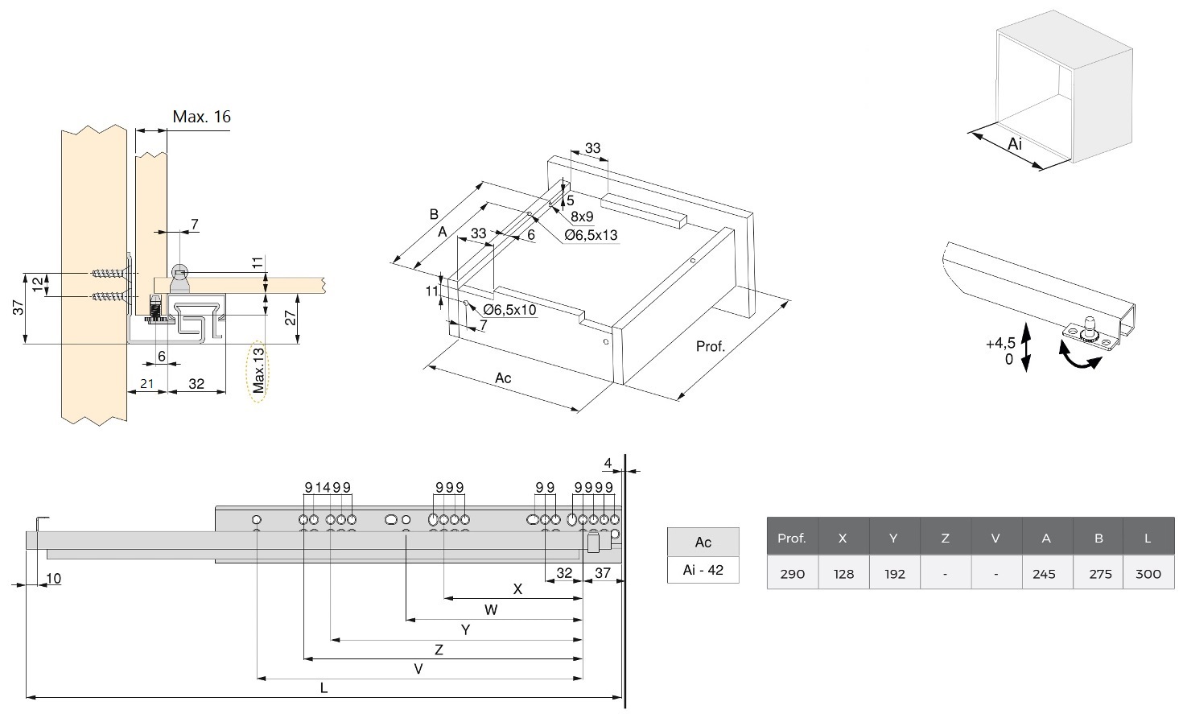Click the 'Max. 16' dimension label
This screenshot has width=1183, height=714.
point(201,118)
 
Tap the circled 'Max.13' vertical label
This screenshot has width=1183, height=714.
point(258,370)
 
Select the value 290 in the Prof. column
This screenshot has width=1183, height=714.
point(792,574)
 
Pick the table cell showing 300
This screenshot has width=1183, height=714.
point(1148,574)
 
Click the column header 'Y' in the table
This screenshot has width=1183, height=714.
point(893,538)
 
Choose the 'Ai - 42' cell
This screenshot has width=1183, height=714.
point(703,570)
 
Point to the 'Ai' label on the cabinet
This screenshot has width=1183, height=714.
point(1015,144)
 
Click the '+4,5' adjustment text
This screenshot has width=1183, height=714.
point(1000,344)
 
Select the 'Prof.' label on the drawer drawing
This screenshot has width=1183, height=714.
point(711,347)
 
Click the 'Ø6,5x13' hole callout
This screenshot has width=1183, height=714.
point(591,235)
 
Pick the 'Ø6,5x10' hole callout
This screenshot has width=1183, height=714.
point(509,310)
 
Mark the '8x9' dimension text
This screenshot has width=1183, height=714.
point(582,217)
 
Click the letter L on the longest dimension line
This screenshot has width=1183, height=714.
point(324,688)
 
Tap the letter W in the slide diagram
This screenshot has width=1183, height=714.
point(491,609)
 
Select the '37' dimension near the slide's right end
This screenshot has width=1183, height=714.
point(603,573)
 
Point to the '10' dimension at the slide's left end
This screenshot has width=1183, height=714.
point(53,578)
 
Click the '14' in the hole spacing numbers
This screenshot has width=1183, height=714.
point(323,487)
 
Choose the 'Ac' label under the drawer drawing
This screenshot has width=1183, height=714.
point(503,378)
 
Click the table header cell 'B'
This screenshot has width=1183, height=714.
point(1098,538)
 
